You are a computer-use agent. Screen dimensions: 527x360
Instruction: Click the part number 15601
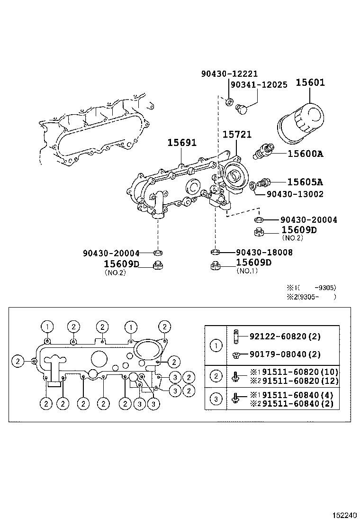[310, 82]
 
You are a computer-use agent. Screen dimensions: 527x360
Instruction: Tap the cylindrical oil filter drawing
[300, 123]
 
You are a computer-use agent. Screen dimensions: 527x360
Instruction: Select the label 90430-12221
[229, 73]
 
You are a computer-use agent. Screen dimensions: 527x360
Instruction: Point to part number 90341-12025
[259, 85]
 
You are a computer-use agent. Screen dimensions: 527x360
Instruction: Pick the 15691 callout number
[181, 142]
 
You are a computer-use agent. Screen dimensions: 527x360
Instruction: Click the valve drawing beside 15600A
[262, 151]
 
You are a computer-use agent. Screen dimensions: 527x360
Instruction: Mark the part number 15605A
[306, 182]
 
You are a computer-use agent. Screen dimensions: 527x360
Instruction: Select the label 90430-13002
[295, 194]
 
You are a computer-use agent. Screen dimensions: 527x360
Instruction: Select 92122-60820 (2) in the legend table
[285, 336]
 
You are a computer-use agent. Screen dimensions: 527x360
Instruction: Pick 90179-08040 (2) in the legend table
[285, 354]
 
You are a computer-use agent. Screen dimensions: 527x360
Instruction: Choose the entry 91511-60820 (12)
[290, 380]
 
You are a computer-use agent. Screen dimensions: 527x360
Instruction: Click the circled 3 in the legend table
[216, 399]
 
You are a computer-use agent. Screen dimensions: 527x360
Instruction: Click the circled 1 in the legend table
[216, 345]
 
